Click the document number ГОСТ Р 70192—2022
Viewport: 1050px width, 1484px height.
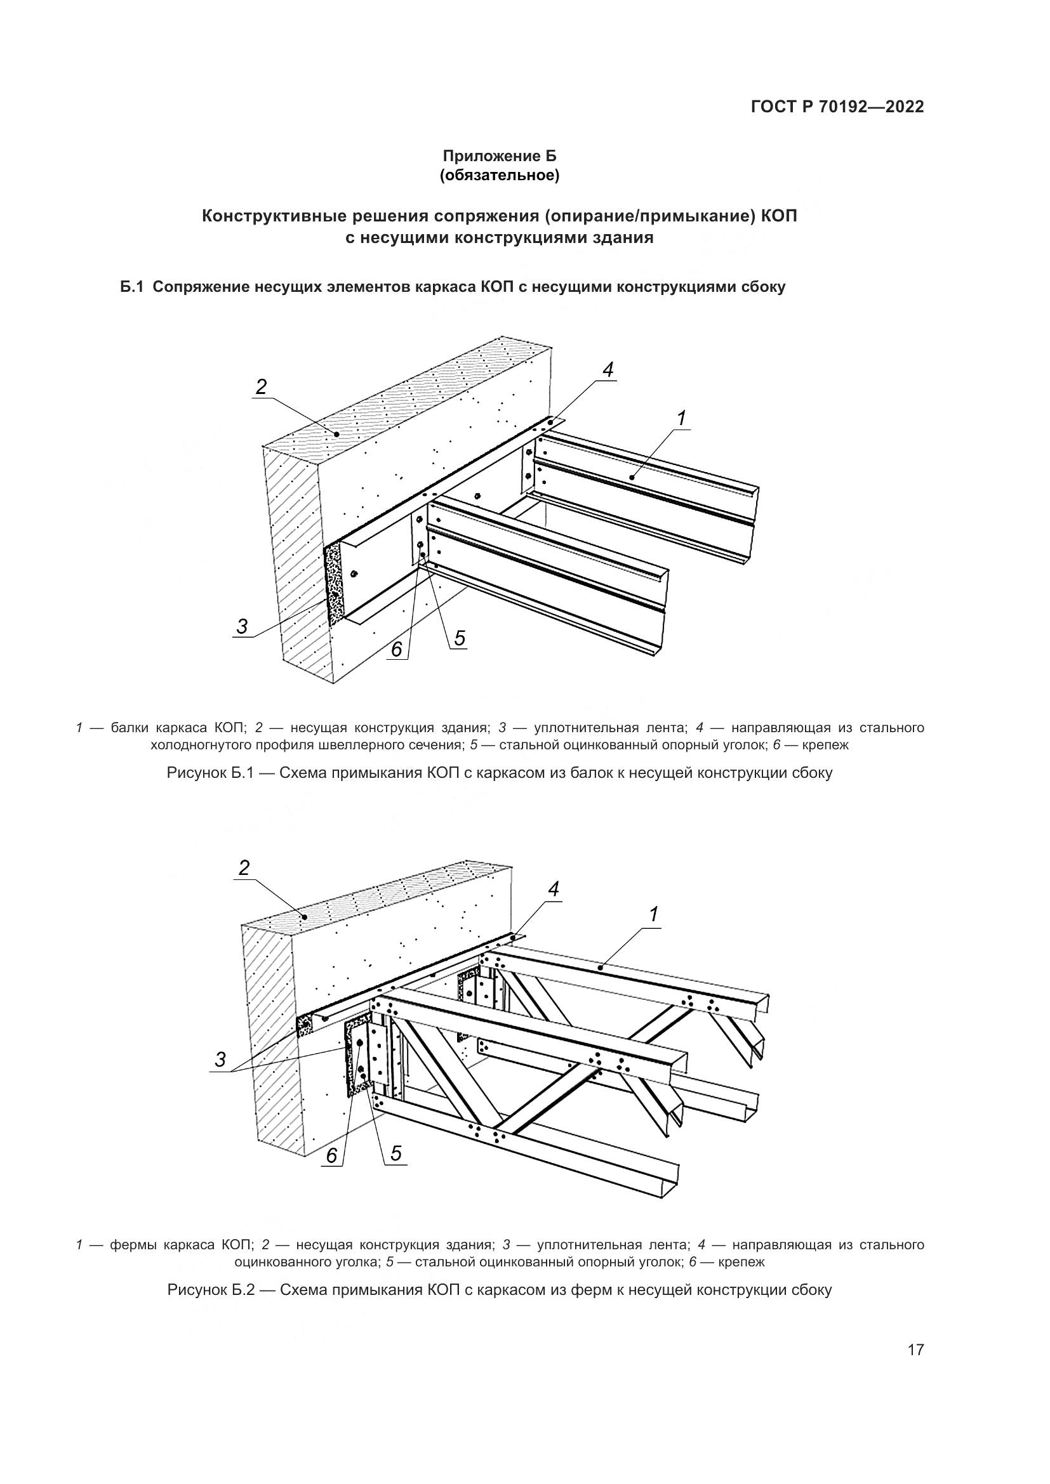[x=837, y=107]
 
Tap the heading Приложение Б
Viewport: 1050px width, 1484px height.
[x=499, y=156]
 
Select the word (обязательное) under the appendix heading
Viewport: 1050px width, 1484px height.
[x=499, y=175]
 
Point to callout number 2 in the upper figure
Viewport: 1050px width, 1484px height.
[x=260, y=386]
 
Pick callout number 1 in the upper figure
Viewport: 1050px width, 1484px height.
[x=681, y=418]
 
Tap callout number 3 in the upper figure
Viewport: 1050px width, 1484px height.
[x=242, y=626]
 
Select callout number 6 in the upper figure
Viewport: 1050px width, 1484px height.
[x=397, y=648]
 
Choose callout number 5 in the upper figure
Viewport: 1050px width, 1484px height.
[x=459, y=639]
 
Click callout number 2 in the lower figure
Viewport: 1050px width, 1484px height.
[x=244, y=867]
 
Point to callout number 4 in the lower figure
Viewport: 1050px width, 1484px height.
[x=554, y=890]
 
